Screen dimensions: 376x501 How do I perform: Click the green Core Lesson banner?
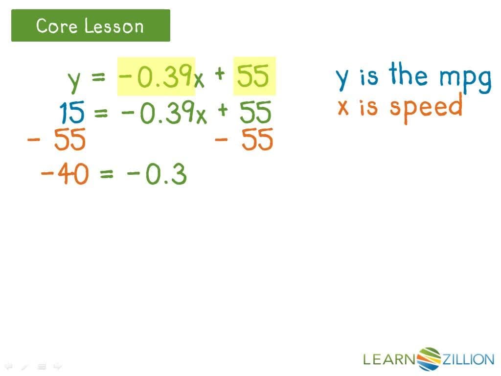click(91, 25)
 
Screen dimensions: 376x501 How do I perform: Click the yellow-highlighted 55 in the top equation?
click(254, 76)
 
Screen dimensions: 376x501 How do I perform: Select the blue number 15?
click(72, 114)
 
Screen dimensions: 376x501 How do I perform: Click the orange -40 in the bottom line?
click(64, 174)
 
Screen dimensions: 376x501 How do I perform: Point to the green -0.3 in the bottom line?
click(157, 175)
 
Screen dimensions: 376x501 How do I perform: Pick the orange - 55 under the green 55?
click(244, 141)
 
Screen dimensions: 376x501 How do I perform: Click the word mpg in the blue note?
click(465, 78)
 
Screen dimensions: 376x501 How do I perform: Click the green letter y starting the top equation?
click(73, 80)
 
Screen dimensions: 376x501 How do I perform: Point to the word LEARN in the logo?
click(389, 360)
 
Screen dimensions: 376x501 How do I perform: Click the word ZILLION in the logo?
click(468, 360)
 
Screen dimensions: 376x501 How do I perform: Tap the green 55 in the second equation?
click(255, 114)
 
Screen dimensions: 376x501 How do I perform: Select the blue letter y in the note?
click(344, 78)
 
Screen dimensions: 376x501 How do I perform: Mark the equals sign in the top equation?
click(98, 77)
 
